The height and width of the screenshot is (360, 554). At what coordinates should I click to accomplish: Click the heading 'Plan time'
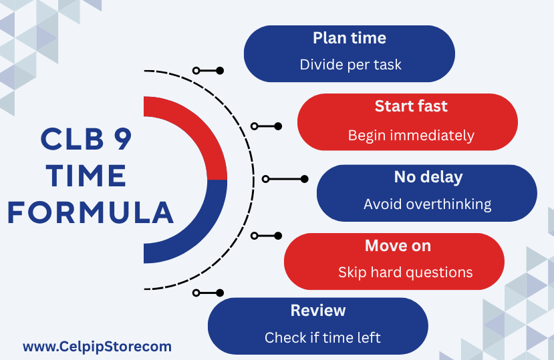350,38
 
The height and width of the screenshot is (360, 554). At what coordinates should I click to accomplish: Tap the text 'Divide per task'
350,65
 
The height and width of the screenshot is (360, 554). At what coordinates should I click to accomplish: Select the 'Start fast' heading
411,106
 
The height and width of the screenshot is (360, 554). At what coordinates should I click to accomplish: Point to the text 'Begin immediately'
411,136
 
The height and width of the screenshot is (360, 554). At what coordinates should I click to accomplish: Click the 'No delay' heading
428,177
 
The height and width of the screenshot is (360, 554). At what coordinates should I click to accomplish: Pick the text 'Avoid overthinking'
428,204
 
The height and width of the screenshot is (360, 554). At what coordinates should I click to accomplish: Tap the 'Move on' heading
398,246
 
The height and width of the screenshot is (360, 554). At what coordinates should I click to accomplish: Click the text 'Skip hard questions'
405,273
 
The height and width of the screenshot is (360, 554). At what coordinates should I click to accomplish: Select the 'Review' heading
318,311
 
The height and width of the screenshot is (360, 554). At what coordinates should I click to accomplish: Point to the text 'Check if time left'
323,338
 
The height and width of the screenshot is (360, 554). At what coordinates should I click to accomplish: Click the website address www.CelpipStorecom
97,347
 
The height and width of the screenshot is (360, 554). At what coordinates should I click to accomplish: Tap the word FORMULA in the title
90,212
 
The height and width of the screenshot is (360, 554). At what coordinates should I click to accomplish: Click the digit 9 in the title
122,138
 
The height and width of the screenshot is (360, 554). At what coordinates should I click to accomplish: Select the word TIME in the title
86,176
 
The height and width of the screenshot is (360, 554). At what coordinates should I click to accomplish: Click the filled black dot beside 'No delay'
304,179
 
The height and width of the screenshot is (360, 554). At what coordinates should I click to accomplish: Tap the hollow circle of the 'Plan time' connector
196,71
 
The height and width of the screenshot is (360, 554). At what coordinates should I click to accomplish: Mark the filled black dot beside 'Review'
220,293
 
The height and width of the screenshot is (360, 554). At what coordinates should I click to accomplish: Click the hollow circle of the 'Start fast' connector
255,126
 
